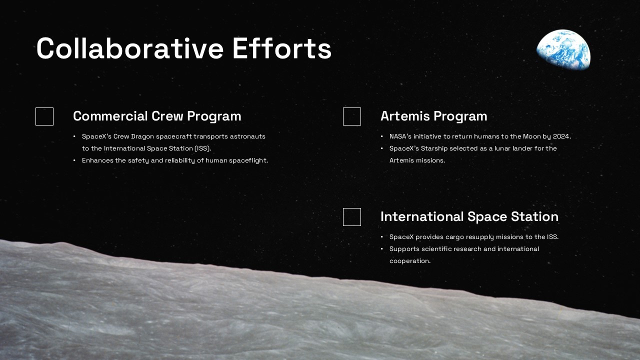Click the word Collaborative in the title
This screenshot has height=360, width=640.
tap(130, 48)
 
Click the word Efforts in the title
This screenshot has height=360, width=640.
tap(281, 48)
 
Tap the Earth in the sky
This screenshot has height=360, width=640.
tap(563, 49)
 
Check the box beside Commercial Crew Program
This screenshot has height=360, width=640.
tap(44, 116)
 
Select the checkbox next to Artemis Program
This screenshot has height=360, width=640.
tap(351, 116)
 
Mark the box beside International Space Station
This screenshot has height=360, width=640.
tap(351, 217)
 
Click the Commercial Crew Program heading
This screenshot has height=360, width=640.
tap(157, 116)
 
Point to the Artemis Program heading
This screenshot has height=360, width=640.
tap(433, 116)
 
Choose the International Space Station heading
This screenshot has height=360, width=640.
tap(469, 216)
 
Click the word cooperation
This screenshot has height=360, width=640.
tap(409, 261)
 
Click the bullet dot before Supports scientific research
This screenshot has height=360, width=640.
tap(381, 249)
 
